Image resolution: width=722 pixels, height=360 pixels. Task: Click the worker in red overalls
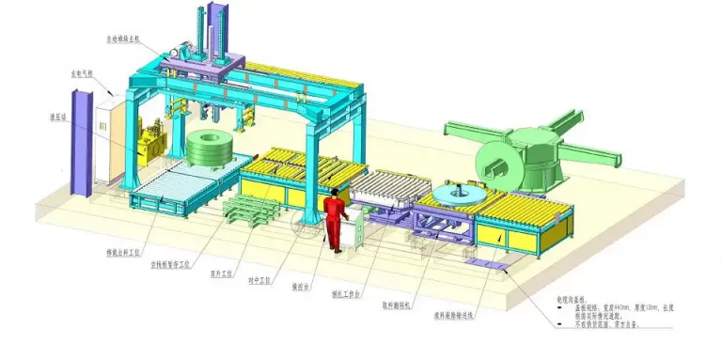click(x=334, y=219)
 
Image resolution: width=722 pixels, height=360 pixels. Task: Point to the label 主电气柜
click(x=82, y=72)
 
